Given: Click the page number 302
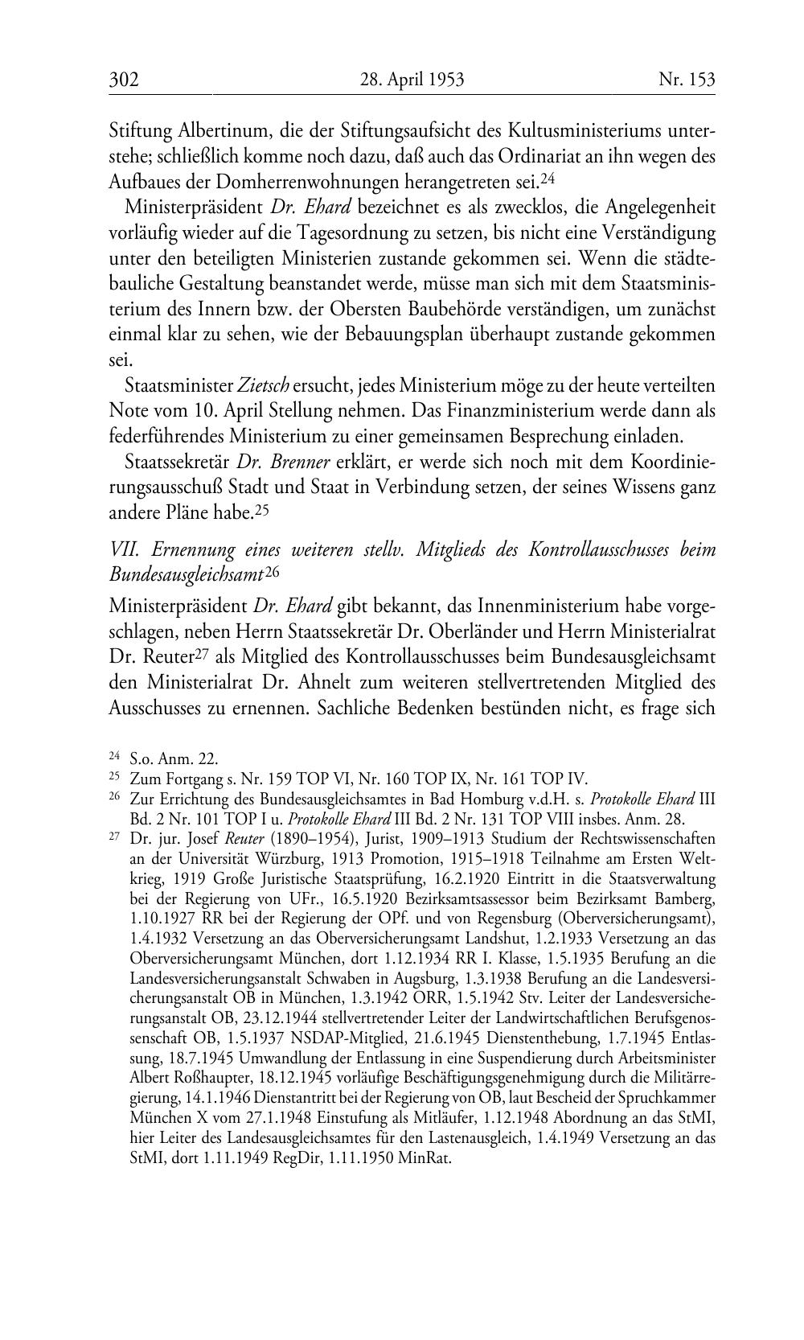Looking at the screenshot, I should [125, 80].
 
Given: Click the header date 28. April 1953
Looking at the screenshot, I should [412, 80].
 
